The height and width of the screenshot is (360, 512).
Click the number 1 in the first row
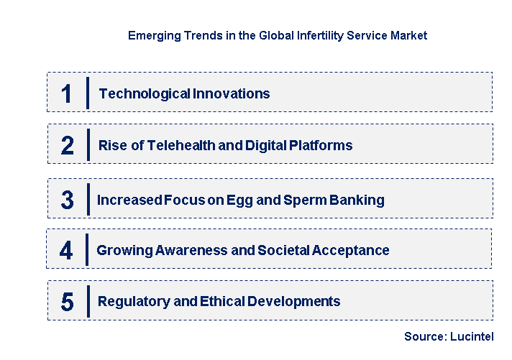[67, 93]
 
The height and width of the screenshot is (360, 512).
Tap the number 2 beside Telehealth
[67, 146]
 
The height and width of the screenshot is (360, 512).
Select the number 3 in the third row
[67, 200]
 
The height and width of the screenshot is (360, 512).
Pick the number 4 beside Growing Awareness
[67, 251]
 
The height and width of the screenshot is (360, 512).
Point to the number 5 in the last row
[67, 302]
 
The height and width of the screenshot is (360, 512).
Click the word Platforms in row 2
[321, 146]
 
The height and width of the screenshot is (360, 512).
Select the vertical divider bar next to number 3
[87, 200]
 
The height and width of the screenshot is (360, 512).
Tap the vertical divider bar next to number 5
[88, 302]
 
